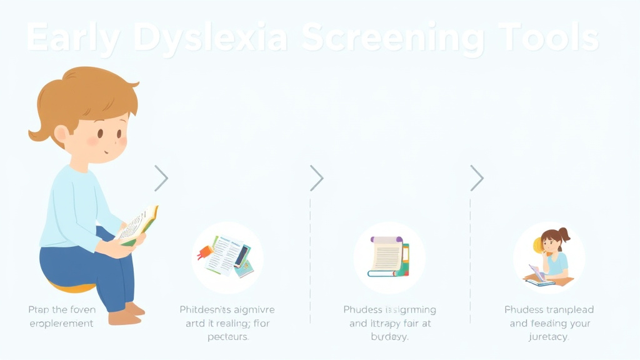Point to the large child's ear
(61, 134)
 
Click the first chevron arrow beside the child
(161, 178)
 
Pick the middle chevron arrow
(317, 178)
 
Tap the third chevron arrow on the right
(477, 178)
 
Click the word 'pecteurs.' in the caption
(227, 337)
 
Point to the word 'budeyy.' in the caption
(389, 337)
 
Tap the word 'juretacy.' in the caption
(548, 337)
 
